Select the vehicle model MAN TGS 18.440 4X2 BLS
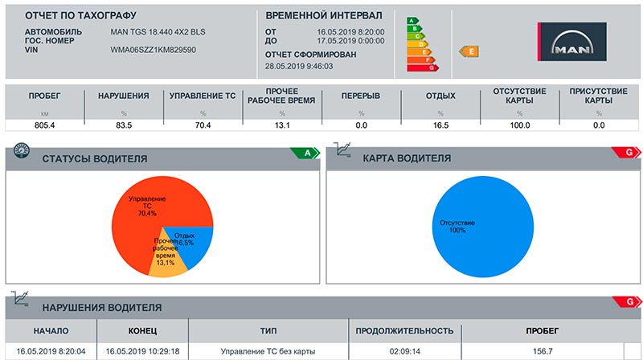pyautogui.click(x=159, y=31)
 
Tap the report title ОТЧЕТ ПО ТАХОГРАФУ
pyautogui.click(x=80, y=15)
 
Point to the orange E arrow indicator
pyautogui.click(x=468, y=51)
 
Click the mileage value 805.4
pyautogui.click(x=44, y=125)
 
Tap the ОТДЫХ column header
pyautogui.click(x=440, y=96)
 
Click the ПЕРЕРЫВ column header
pyautogui.click(x=361, y=96)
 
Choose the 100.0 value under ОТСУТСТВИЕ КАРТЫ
pyautogui.click(x=520, y=125)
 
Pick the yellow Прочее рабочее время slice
pyautogui.click(x=169, y=261)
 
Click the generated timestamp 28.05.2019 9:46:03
pyautogui.click(x=299, y=66)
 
